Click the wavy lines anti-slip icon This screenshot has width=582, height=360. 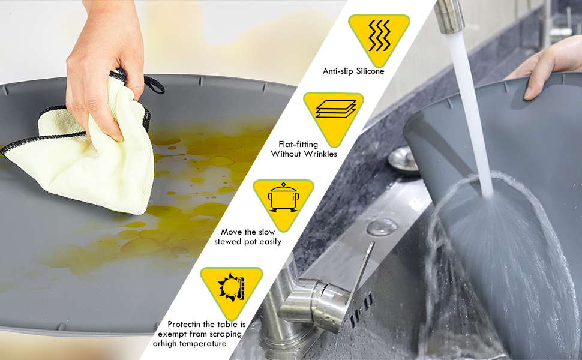coord(379,35)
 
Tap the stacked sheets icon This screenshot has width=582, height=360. coord(335,109)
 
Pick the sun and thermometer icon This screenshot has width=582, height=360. coord(231,287)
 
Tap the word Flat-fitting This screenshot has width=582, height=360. coord(298,145)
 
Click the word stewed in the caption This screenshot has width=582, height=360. coord(228,242)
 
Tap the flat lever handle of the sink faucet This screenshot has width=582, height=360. coord(359,286)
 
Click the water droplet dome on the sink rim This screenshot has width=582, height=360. coord(382,227)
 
